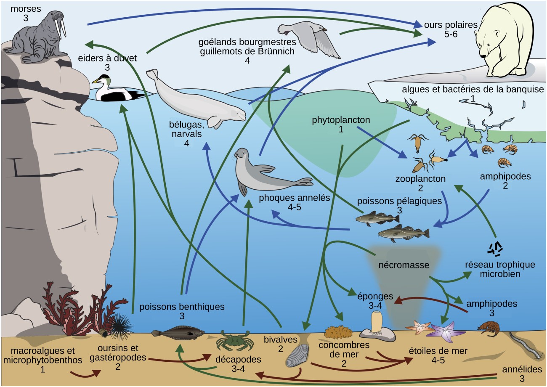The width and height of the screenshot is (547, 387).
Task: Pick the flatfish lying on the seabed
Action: [179, 334]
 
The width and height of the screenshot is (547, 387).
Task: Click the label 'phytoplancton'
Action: [341, 120]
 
